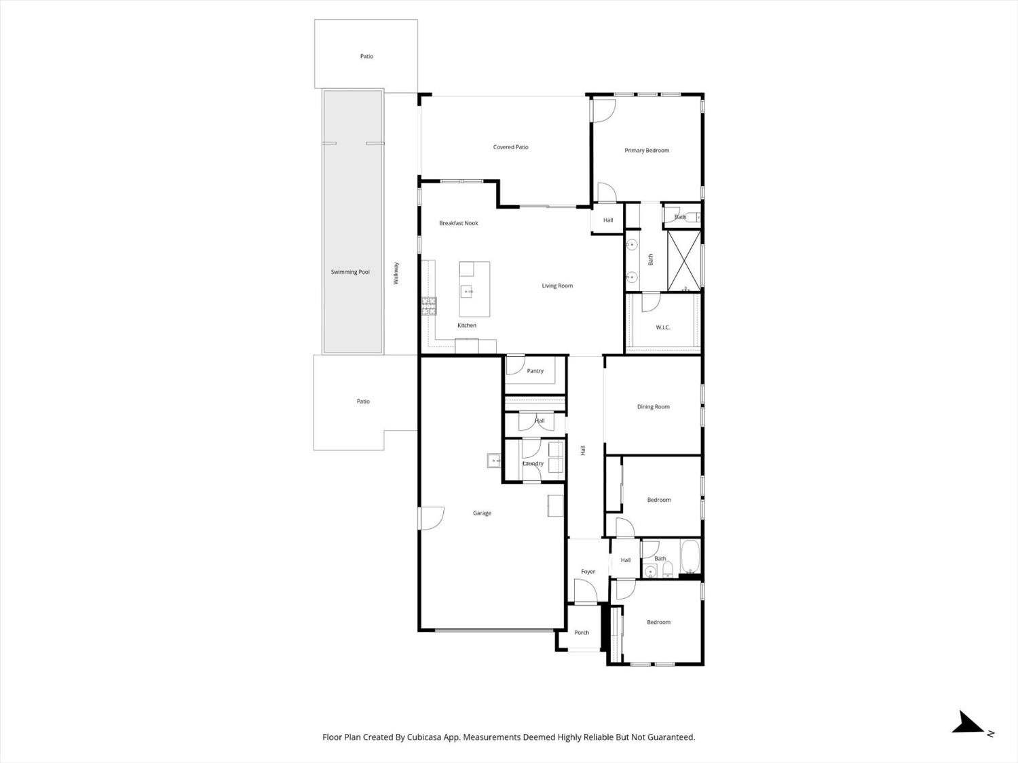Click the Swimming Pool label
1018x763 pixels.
(350, 272)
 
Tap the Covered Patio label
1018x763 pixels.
(510, 147)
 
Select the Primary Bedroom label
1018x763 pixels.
(647, 151)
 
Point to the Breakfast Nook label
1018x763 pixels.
(459, 223)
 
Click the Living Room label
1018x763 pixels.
(557, 286)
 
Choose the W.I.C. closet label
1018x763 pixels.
(663, 328)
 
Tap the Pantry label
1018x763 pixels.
(535, 371)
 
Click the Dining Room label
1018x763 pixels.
(653, 407)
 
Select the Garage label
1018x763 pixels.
(482, 513)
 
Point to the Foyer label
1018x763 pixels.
(588, 572)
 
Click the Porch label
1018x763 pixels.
(582, 633)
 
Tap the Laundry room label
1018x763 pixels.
(533, 464)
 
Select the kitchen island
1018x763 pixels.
(474, 290)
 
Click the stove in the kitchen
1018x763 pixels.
(429, 307)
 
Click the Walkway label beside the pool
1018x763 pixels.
(397, 273)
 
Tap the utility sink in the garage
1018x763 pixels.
(494, 461)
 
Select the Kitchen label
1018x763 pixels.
(466, 326)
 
